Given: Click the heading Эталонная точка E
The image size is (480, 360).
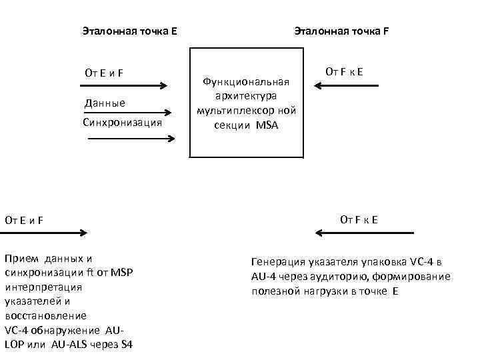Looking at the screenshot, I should [129, 31].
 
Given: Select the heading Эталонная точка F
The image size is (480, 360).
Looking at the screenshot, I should [342, 31].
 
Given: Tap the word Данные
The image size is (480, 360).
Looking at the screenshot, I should [105, 103].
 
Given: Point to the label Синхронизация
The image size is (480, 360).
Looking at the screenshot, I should [122, 123].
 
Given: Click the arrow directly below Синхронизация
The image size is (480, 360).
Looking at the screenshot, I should [131, 139].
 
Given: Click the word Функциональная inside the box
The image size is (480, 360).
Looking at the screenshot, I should [247, 81].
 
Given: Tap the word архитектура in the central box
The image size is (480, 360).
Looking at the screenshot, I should [247, 96].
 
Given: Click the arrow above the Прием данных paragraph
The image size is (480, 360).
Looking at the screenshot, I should [43, 233].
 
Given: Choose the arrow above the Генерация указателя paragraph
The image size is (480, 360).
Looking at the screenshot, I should [365, 233].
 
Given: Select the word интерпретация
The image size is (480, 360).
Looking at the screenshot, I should [43, 287].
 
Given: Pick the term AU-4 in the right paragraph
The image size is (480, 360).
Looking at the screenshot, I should [265, 277].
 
